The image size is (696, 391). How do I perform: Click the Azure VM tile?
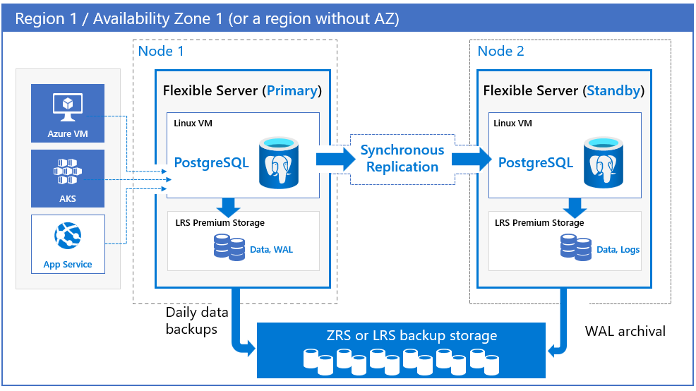pos(68,113)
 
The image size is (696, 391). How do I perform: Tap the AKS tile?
pos(68,178)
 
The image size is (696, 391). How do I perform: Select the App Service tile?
pos(68,244)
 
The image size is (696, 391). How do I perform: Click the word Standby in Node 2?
pos(613,90)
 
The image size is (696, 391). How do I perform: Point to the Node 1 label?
pos(161,51)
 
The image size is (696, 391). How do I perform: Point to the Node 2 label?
pos(500,51)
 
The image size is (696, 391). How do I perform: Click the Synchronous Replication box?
pos(402,159)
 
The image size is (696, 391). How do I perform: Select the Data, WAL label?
pos(271,249)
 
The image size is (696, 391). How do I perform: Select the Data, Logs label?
pos(618,249)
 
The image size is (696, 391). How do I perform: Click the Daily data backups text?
pos(191,320)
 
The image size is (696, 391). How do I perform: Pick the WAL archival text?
pos(625,330)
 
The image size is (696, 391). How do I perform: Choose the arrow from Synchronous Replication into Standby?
pos(471,159)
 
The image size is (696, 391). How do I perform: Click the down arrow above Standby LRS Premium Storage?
pos(575,207)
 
